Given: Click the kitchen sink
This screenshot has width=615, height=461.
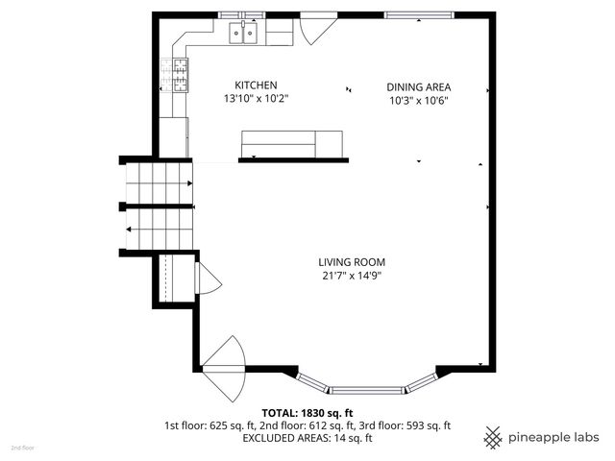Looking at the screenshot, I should click(x=244, y=35).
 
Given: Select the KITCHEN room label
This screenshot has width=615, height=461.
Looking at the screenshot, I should click(x=256, y=85).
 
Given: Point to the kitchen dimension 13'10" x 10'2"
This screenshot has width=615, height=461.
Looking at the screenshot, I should click(x=256, y=99).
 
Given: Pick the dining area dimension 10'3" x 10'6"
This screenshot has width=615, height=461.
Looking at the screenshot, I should click(x=419, y=100).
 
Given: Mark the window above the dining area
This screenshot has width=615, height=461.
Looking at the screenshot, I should click(x=416, y=14).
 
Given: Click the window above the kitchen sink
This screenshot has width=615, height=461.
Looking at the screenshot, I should click(x=242, y=14).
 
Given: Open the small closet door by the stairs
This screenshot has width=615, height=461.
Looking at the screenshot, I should click(x=207, y=279).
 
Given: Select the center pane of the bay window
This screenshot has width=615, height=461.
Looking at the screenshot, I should click(x=367, y=391).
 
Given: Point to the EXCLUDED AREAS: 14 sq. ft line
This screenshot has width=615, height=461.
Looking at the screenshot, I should click(x=307, y=438).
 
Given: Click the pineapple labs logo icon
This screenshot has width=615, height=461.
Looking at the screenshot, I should click(x=493, y=436).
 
